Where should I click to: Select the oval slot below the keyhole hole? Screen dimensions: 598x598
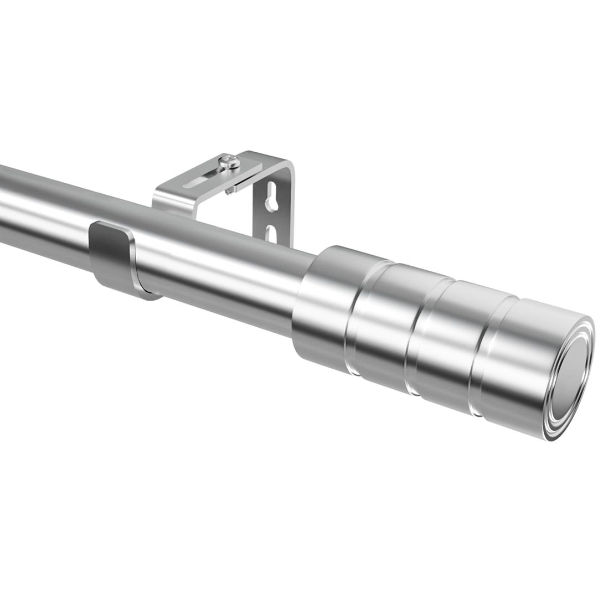coord(271,233)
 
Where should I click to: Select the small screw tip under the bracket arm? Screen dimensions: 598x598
coord(229,191)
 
